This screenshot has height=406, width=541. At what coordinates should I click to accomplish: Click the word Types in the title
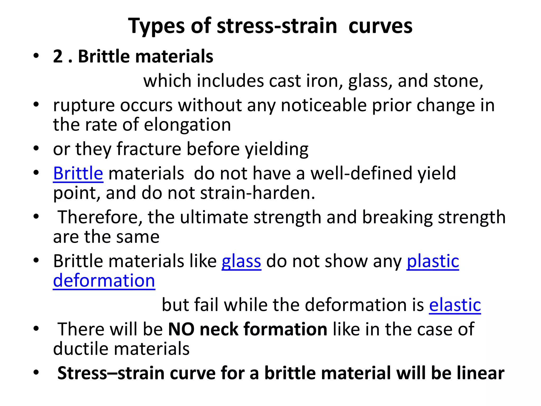pos(156,26)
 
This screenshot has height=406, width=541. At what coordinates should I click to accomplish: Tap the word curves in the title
pos(380,26)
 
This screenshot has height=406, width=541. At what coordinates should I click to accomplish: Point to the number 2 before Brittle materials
pos(58,56)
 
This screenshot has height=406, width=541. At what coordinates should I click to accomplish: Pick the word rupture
pos(84,105)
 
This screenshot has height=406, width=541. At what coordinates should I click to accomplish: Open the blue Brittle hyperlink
pos(78,173)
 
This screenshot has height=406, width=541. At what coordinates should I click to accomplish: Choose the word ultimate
pos(214,217)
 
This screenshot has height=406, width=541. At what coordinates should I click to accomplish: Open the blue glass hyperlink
pos(241,261)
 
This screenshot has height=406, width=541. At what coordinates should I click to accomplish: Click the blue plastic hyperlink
pos(433,261)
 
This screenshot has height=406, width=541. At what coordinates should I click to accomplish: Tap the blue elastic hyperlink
pos(455,305)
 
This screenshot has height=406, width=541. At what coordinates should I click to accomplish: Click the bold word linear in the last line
pos(480,373)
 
